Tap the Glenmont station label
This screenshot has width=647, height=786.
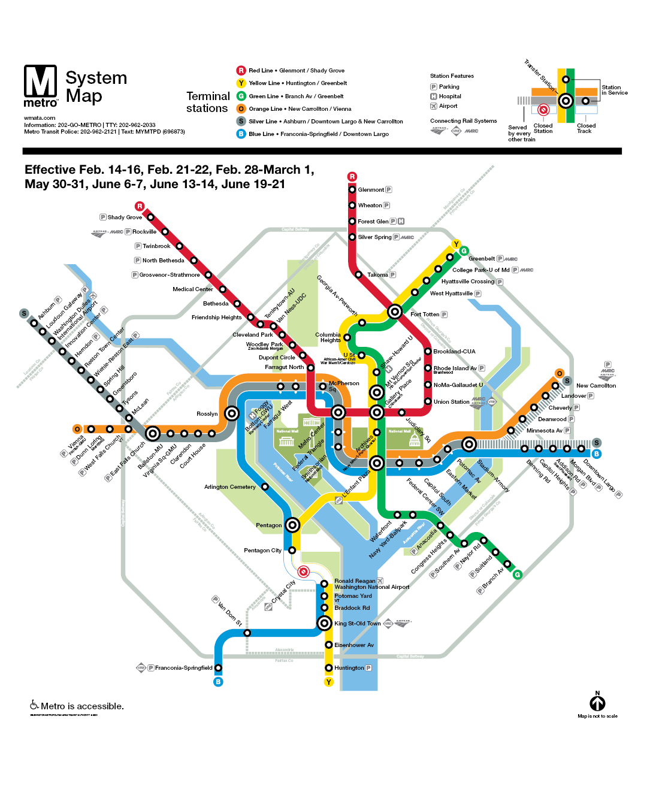371,190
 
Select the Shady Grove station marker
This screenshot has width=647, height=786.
150,217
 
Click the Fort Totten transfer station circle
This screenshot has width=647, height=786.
394,312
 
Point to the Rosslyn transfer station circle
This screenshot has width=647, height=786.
232,413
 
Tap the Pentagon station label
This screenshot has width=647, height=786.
268,525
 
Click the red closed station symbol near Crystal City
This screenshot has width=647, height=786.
304,572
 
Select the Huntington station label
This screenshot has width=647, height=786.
349,668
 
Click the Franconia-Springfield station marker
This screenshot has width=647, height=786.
218,668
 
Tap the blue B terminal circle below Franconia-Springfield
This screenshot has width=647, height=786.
218,682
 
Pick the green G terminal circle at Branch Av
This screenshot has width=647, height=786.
517,575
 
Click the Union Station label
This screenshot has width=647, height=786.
451,402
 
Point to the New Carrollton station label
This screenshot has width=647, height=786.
595,386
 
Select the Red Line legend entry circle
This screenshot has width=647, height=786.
241,71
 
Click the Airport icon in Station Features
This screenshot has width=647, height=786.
434,106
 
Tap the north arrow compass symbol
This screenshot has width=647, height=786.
597,703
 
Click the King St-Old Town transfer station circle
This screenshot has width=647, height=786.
324,624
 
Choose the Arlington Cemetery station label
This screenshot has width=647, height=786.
229,487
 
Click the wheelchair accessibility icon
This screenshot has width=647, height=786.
34,705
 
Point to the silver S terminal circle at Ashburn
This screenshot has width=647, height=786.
24,313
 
